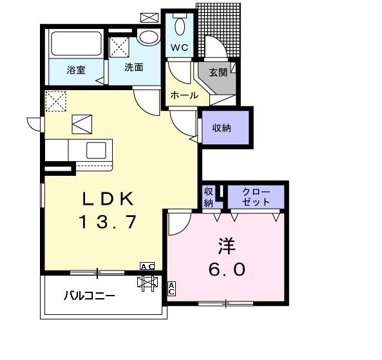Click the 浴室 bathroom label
coord(76,70)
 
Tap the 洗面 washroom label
coord(133,66)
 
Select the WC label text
coord(179,46)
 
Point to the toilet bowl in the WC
coord(180,26)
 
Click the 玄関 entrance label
coord(218,72)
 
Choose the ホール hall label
coord(184,95)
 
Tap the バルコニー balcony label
coord(90,296)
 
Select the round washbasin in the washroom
coord(148,37)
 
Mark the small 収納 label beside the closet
coord(208,196)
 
